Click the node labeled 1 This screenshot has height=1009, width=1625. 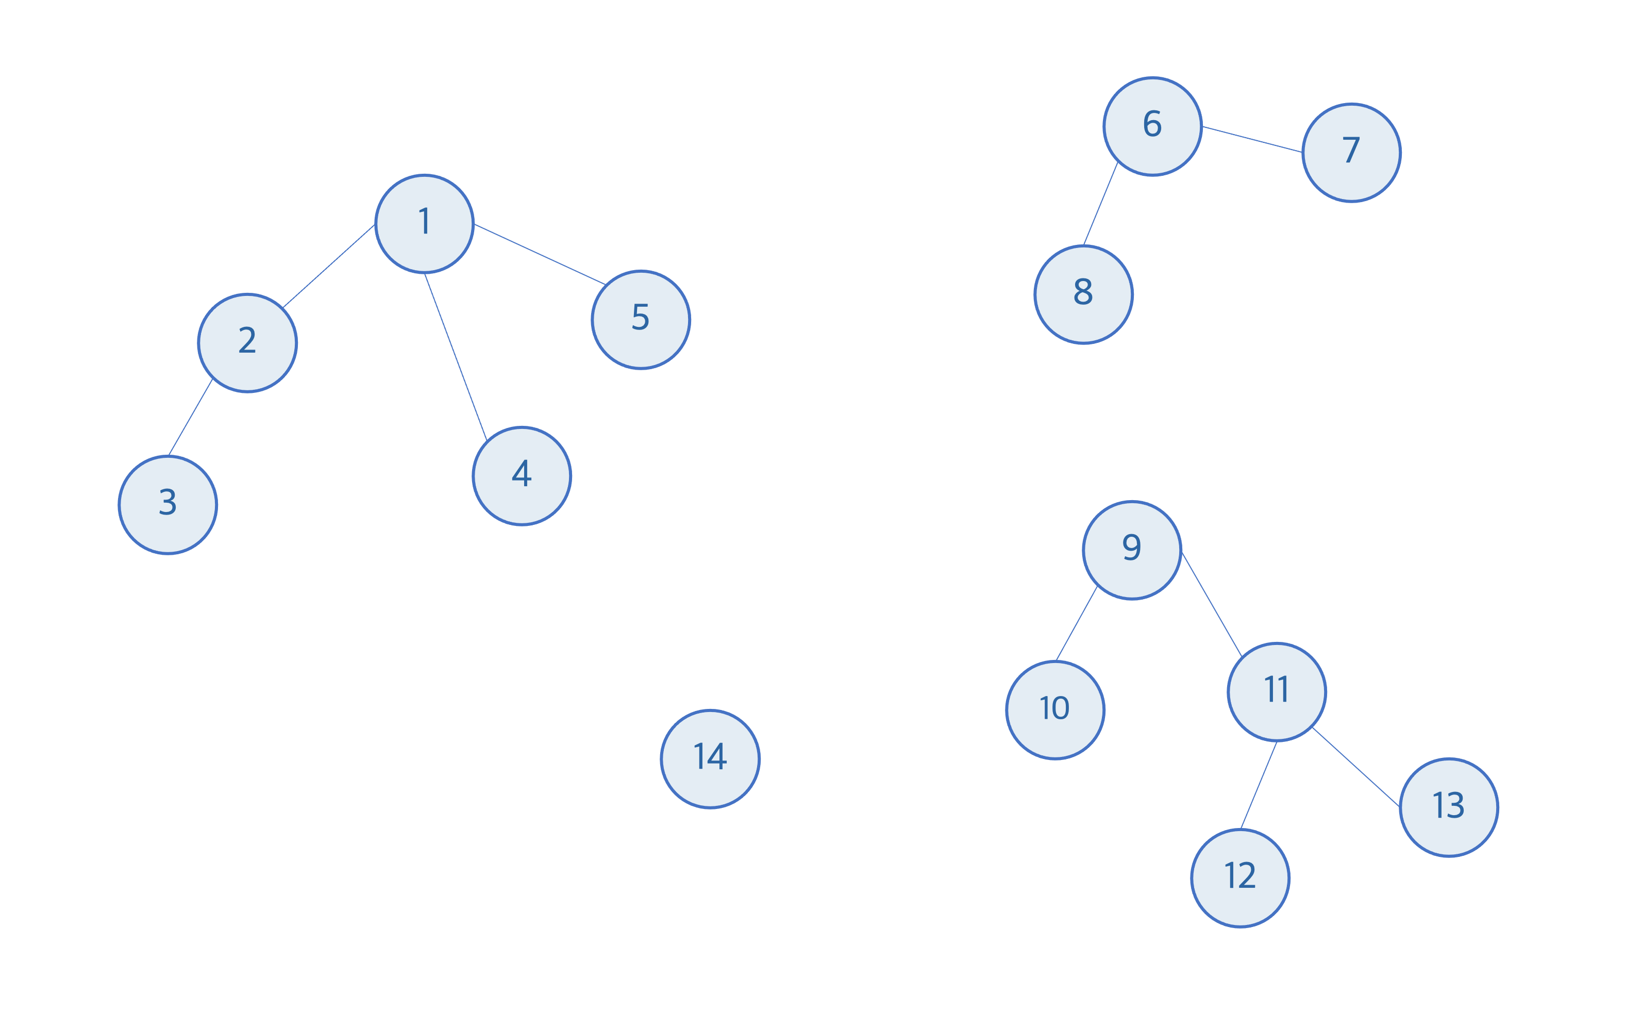point(424,224)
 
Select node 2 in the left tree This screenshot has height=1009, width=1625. point(247,342)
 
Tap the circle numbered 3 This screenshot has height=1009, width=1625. point(168,504)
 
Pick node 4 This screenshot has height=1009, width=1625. point(522,476)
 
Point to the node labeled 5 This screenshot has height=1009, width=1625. point(641,319)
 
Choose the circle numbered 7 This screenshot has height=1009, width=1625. point(1351,152)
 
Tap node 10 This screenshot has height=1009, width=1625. point(1054,709)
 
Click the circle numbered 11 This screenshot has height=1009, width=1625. point(1277,691)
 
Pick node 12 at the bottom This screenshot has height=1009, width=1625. point(1240,878)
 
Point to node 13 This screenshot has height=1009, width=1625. point(1449,807)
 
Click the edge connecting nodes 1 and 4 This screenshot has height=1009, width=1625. point(456,357)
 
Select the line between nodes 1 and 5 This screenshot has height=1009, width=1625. point(539,254)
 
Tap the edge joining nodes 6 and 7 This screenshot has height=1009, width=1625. point(1251,140)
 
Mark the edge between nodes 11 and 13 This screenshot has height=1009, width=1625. point(1355,767)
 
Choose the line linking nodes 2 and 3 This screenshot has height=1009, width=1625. point(190,418)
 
